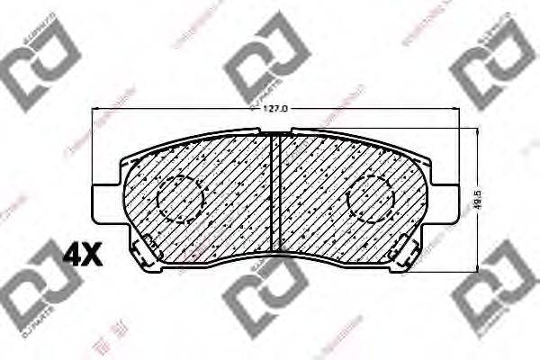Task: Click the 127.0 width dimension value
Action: click(x=274, y=109)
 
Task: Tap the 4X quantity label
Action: click(x=82, y=256)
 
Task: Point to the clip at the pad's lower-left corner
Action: click(x=144, y=247)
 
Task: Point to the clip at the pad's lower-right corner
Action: click(x=406, y=247)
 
